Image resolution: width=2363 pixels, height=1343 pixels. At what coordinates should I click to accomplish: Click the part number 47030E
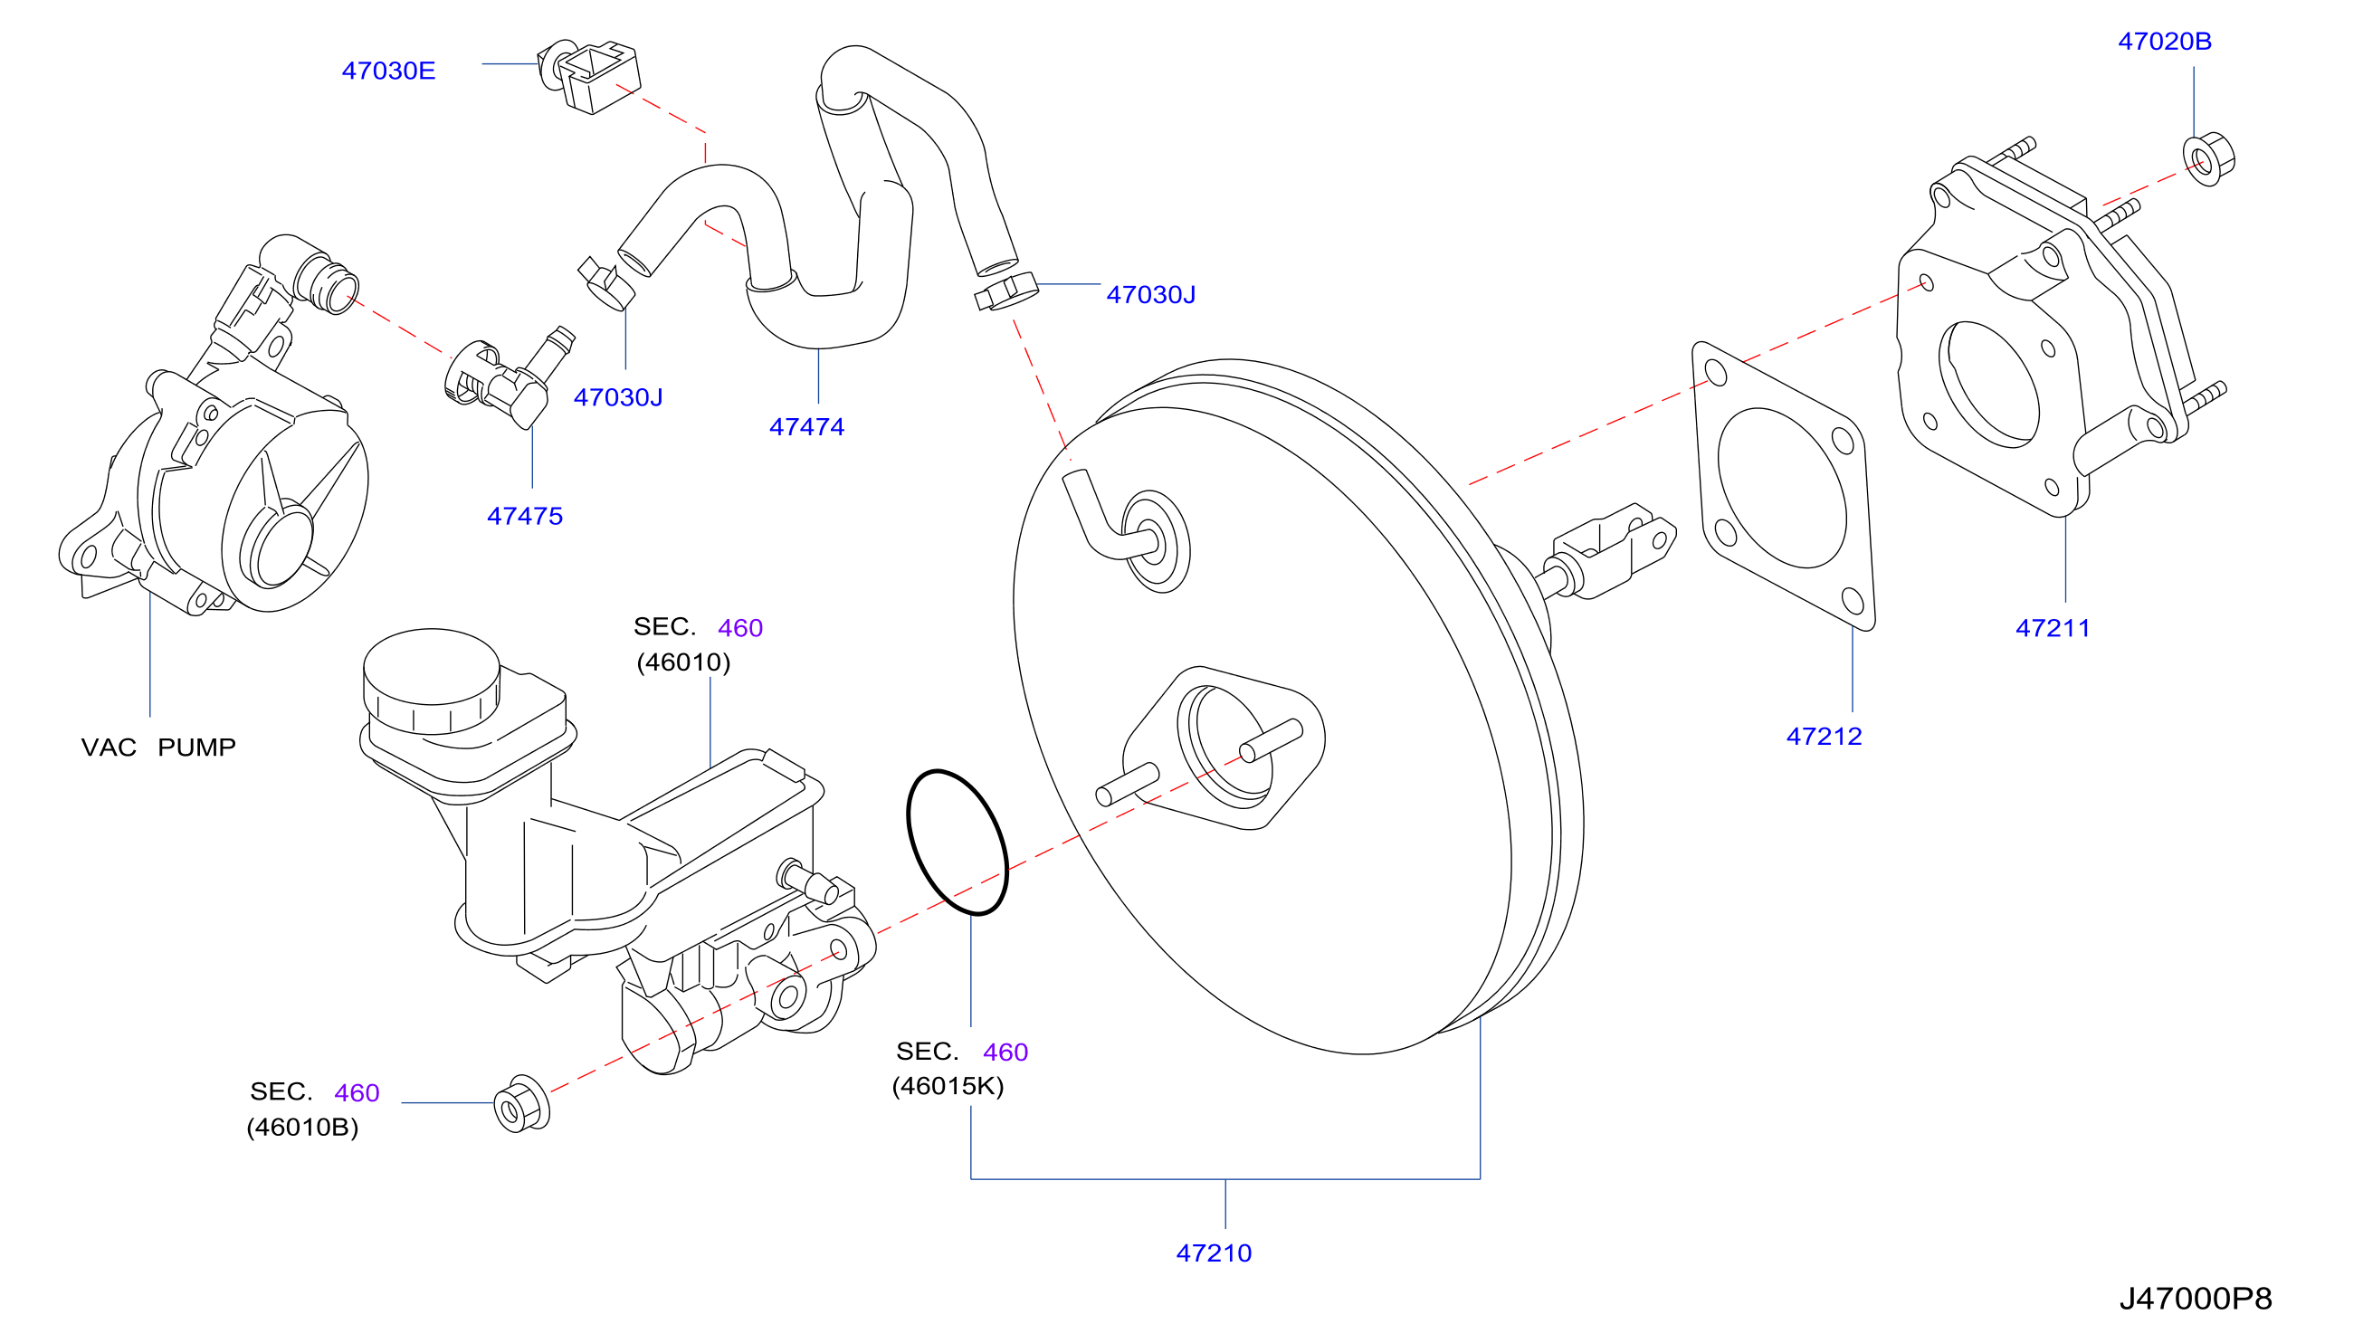coord(388,71)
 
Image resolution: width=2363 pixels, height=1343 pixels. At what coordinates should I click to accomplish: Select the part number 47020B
coord(2164,42)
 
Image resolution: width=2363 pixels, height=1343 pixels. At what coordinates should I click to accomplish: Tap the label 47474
coord(807,427)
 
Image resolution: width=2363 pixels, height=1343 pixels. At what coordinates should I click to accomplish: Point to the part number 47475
coord(525,517)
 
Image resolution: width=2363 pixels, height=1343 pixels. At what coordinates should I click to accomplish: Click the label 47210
coord(1214,1253)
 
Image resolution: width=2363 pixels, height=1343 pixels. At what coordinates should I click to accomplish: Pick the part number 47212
coord(1825,737)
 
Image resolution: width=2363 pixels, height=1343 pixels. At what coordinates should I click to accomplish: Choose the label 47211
coord(2053,629)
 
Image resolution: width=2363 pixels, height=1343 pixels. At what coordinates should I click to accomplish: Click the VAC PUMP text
coord(158,748)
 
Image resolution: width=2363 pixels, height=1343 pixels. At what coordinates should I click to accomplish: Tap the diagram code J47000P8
coord(2196,1299)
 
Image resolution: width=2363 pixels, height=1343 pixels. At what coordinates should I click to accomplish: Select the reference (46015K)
coord(948,1087)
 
